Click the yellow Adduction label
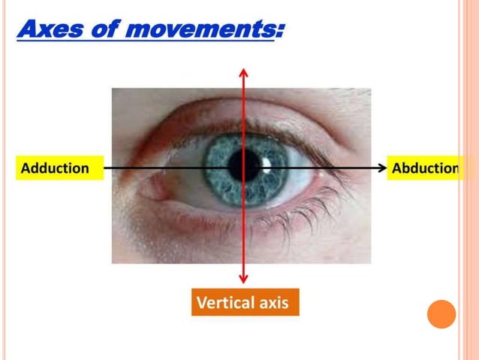55,168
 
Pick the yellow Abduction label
426,168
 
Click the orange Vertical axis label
245,303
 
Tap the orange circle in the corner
441,313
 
